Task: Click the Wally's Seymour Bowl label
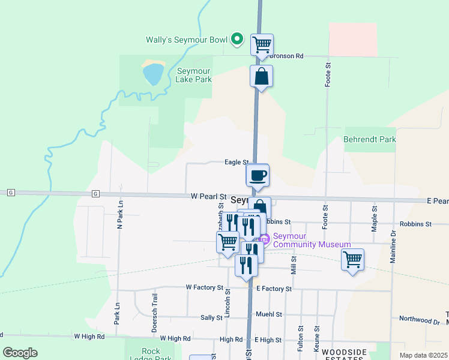pos(187,40)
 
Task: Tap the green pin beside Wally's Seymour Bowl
pos(237,40)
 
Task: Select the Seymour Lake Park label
pos(194,75)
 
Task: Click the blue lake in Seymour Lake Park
pos(152,74)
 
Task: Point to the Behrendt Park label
pos(370,139)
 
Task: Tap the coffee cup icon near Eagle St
pos(258,175)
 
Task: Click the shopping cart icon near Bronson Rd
pos(262,44)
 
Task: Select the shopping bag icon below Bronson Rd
pos(261,76)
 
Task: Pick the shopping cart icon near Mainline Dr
pos(352,260)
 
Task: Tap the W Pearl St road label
pos(208,196)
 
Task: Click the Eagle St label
pos(237,162)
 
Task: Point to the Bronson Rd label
pos(287,56)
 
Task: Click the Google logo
pos(20,352)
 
